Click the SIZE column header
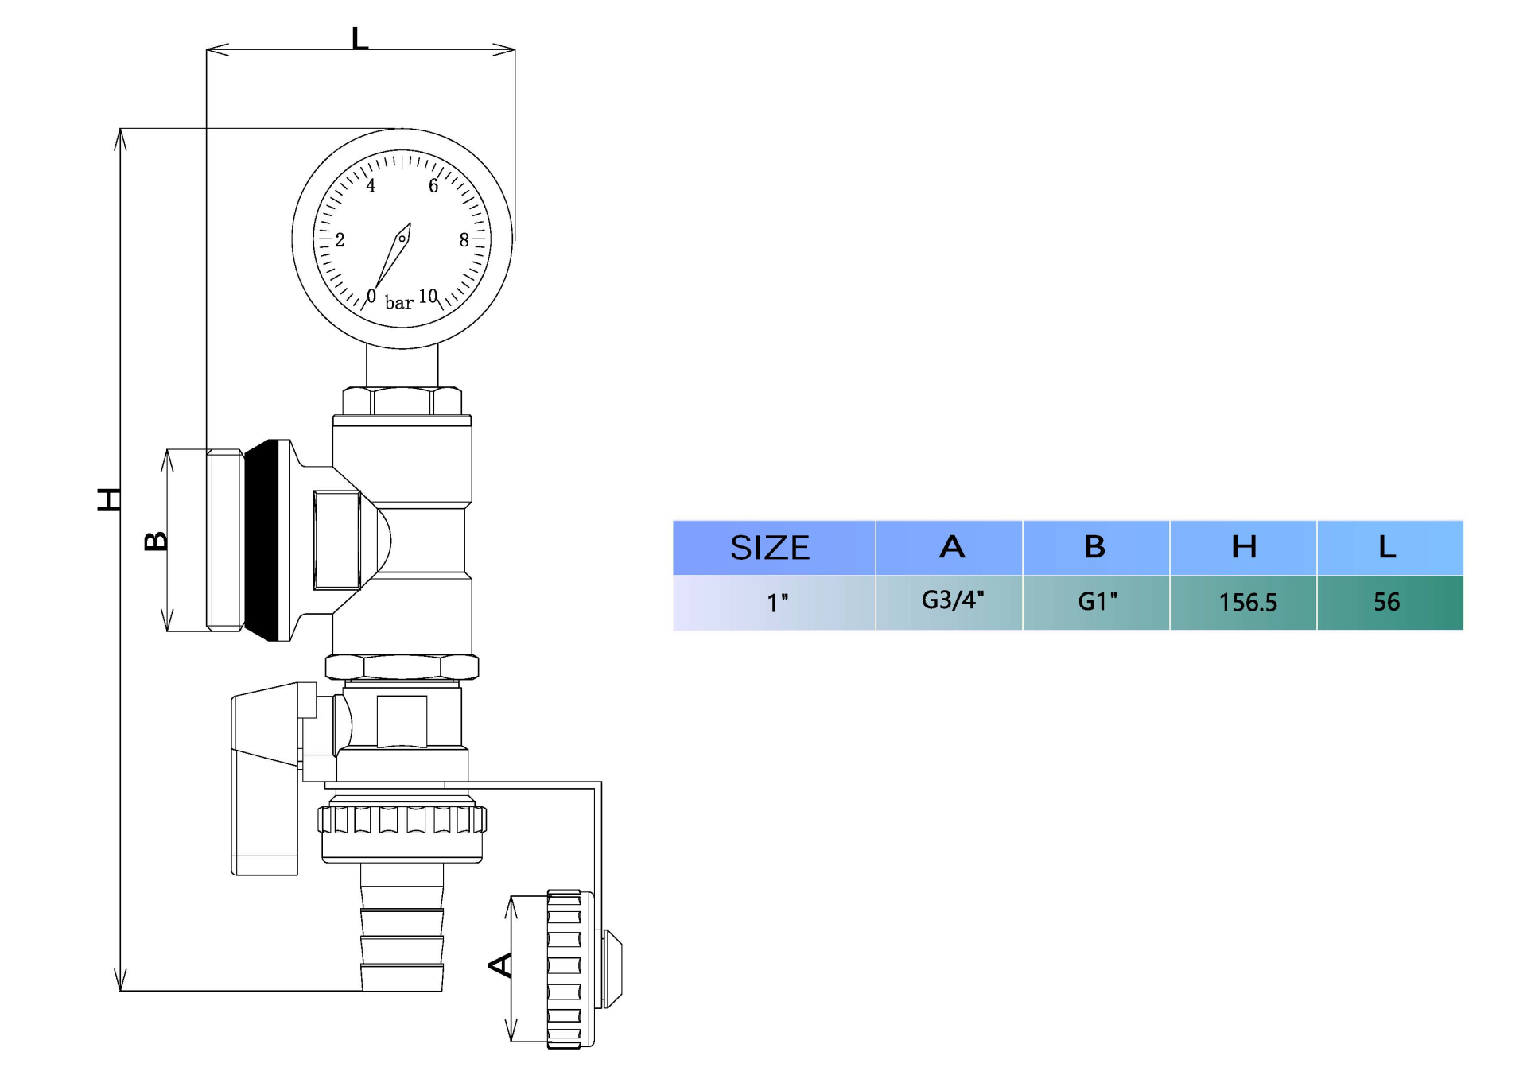click(770, 548)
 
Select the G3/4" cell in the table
click(952, 600)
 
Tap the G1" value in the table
click(1097, 602)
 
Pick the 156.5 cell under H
click(1247, 603)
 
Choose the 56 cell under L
click(1386, 602)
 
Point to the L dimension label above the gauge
click(359, 38)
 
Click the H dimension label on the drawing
click(109, 499)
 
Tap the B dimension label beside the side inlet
click(156, 541)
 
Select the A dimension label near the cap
click(500, 965)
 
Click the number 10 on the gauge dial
click(428, 297)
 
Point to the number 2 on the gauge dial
click(340, 240)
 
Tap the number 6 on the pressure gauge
click(433, 186)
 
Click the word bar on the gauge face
click(399, 303)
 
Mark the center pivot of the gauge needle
click(402, 239)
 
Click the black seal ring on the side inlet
click(263, 541)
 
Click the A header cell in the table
click(951, 547)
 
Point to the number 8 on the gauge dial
click(464, 240)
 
